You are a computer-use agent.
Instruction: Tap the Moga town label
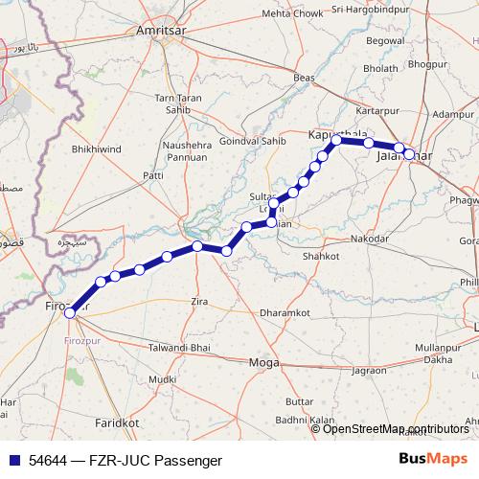(x=262, y=362)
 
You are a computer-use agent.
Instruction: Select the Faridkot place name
(x=118, y=422)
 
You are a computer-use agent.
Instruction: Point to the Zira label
(x=199, y=302)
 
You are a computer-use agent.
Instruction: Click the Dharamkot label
(x=285, y=312)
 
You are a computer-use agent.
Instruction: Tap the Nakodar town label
(x=370, y=238)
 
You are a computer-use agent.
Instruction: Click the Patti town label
(x=152, y=175)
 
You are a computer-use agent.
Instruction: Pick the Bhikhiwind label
(x=97, y=150)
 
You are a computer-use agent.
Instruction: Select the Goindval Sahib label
(x=253, y=140)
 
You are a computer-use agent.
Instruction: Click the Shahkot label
(x=320, y=257)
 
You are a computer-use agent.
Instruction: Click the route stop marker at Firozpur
(x=69, y=312)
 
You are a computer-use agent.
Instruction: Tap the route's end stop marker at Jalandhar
(x=409, y=153)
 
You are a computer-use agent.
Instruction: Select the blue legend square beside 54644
(x=13, y=460)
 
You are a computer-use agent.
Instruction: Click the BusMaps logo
(x=433, y=459)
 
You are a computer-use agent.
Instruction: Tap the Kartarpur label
(x=376, y=110)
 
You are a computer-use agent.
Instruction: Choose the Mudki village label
(x=152, y=378)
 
